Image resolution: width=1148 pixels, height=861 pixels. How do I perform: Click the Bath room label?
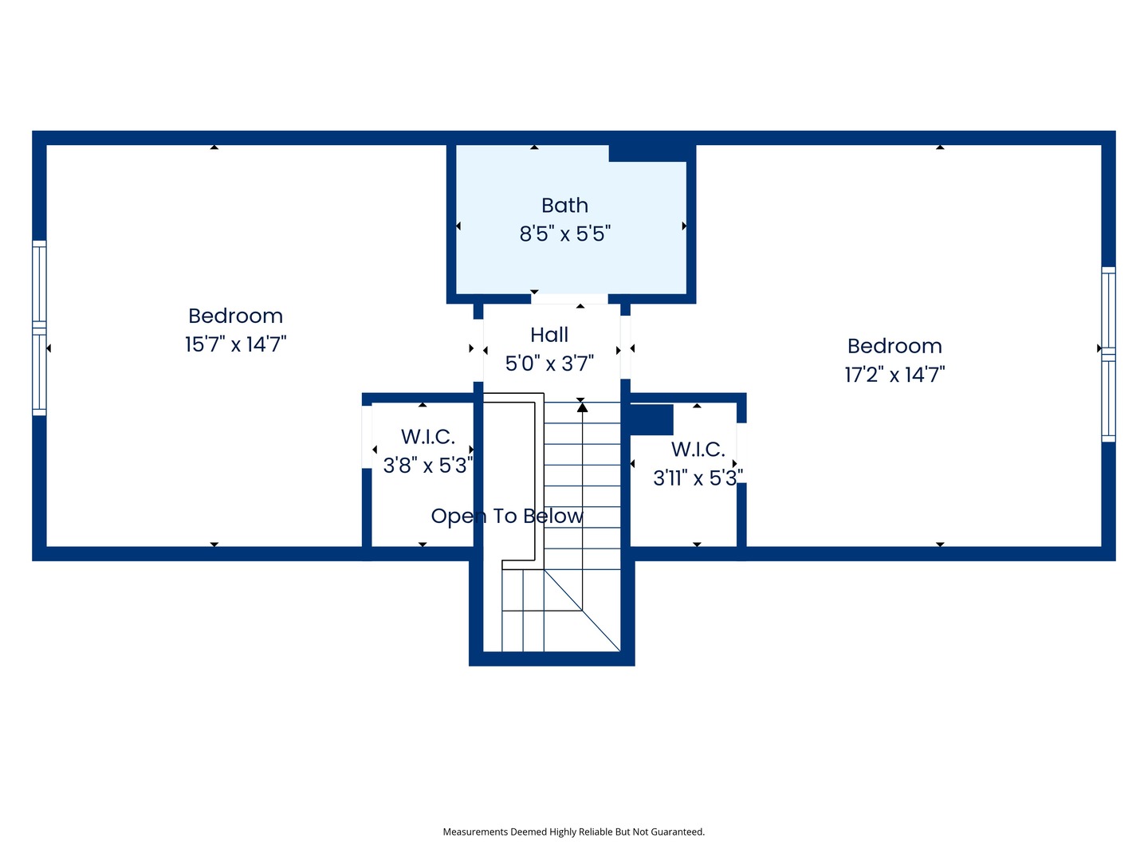click(x=564, y=206)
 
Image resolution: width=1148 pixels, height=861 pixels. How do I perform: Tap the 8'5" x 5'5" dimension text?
click(x=564, y=234)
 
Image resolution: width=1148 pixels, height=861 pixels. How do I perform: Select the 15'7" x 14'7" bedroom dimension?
click(x=235, y=344)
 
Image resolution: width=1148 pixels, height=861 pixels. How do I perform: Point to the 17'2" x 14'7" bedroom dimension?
click(x=894, y=375)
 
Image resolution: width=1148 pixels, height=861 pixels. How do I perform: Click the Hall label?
click(x=549, y=335)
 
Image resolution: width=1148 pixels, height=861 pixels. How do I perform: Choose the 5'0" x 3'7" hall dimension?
click(x=549, y=364)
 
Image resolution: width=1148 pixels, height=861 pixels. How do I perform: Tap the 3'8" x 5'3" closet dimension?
click(x=427, y=466)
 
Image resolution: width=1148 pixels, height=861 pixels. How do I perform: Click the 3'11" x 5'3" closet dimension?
click(x=698, y=478)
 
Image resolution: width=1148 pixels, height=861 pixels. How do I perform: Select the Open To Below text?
click(x=507, y=517)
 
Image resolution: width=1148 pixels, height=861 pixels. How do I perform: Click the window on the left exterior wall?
click(x=39, y=328)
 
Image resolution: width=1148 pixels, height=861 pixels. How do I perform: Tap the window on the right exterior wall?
click(x=1108, y=354)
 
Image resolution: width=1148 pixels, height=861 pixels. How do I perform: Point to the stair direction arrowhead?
click(x=583, y=407)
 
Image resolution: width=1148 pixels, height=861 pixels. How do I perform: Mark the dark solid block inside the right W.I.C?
click(x=651, y=419)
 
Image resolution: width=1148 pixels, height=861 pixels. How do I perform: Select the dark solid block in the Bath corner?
click(x=647, y=152)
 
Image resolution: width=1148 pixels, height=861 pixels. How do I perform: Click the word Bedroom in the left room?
click(x=235, y=316)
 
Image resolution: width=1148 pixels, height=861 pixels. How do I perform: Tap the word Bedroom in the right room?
click(x=894, y=346)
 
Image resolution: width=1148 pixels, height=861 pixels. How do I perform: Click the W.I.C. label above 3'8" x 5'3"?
click(x=427, y=437)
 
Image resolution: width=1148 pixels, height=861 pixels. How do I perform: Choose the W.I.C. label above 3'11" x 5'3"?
click(x=698, y=450)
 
